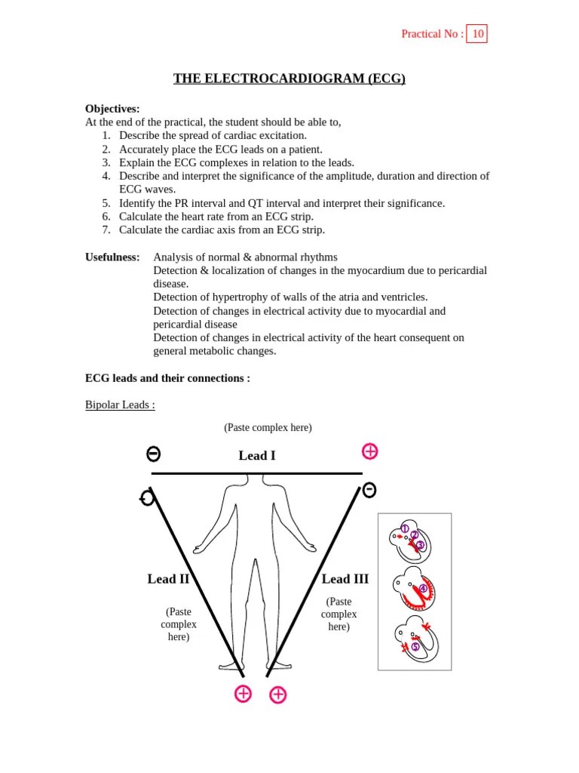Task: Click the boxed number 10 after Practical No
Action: pos(477,34)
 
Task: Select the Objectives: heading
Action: pos(112,109)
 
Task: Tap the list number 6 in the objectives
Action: pos(106,217)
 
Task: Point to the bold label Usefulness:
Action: pos(112,257)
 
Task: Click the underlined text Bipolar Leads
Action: pos(120,405)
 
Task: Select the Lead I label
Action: pos(257,455)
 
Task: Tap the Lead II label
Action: pos(168,579)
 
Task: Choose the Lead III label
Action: pos(345,579)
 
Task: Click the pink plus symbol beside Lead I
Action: pos(369,451)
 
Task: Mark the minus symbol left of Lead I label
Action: pos(153,454)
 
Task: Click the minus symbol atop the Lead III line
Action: pos(369,490)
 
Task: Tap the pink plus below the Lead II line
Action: pos(243,694)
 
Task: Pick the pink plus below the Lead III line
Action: pos(277,695)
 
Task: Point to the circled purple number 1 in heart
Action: pos(405,528)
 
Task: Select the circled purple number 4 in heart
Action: pos(423,588)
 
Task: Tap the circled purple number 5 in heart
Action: pos(415,647)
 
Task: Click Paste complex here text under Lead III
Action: pos(339,614)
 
